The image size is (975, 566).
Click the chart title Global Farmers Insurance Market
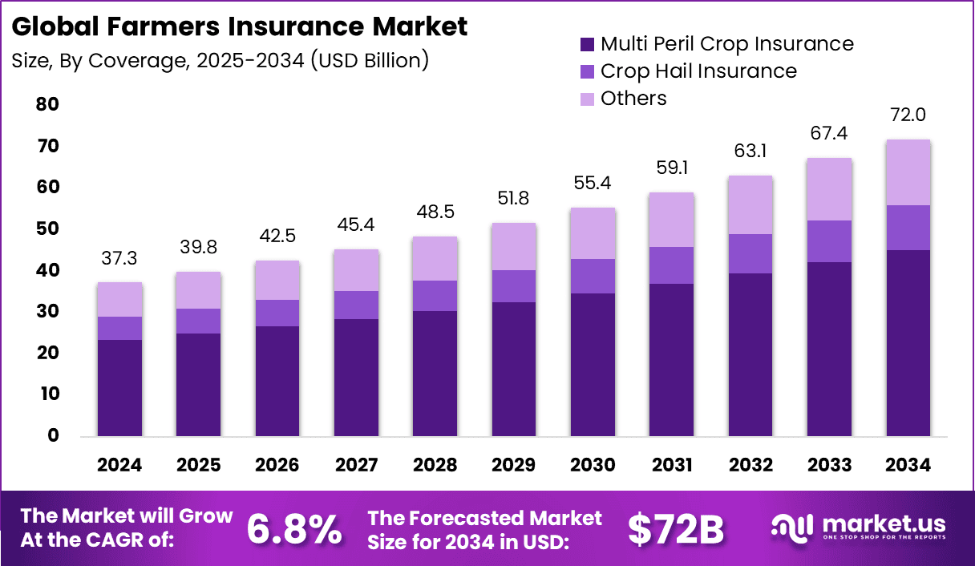239,26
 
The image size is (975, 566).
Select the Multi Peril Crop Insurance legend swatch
587,44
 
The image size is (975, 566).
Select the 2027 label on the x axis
355,466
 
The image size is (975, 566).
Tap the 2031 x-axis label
670,466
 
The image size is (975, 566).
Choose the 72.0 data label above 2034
908,115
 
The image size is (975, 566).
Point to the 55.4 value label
592,184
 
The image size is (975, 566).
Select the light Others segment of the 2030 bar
592,233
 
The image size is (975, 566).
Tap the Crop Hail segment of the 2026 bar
277,313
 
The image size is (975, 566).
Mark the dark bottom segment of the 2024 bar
119,388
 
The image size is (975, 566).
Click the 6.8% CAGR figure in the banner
293,528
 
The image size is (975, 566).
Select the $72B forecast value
675,528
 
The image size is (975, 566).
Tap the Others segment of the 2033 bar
828,189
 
